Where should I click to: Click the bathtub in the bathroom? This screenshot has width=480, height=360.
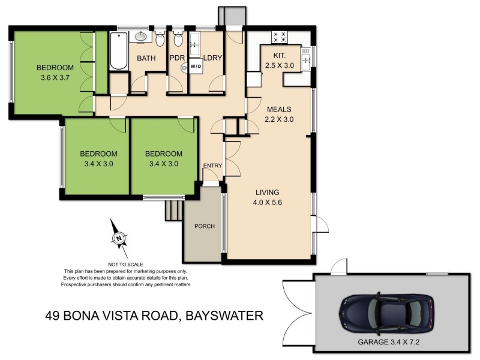click(x=118, y=51)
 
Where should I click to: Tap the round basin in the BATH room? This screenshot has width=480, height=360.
click(x=142, y=37)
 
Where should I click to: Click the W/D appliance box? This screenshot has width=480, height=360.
click(x=196, y=67)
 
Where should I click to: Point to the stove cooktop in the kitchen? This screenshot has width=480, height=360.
click(x=280, y=37)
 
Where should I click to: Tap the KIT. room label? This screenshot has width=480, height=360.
click(x=279, y=55)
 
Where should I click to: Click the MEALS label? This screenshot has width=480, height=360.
click(x=278, y=110)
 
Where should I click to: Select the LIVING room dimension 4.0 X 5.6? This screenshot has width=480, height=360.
click(x=268, y=202)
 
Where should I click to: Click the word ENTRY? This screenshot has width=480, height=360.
click(x=212, y=166)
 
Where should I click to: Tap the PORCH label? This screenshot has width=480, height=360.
click(x=205, y=226)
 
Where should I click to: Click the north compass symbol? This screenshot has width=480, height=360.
click(x=119, y=239)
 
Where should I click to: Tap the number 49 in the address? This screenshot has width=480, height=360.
click(x=55, y=315)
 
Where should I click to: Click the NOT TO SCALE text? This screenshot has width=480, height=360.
click(x=126, y=264)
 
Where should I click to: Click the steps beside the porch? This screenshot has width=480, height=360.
click(x=173, y=211)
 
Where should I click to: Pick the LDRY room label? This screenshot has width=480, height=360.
click(x=213, y=58)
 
